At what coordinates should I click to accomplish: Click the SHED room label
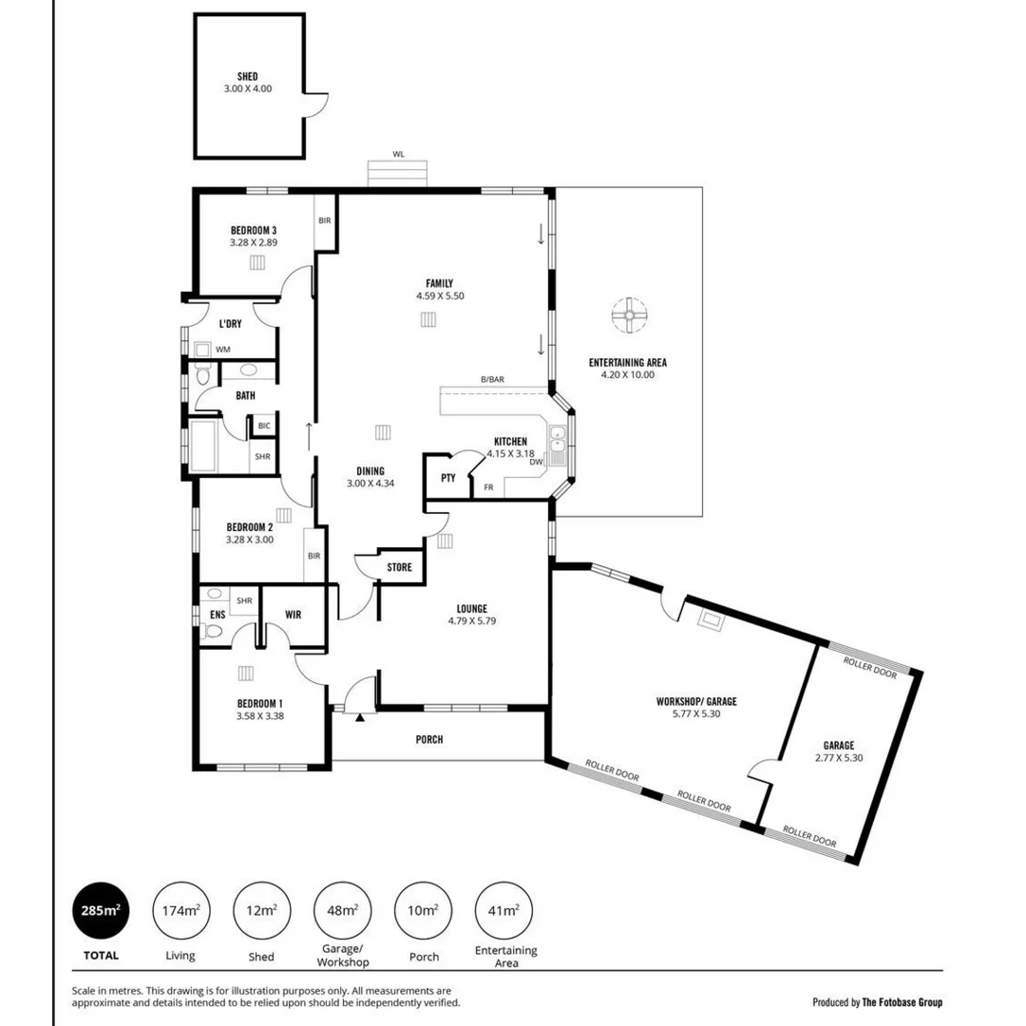pyautogui.click(x=247, y=77)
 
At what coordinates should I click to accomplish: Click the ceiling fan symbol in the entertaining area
pyautogui.click(x=628, y=315)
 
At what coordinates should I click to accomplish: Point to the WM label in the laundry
pyautogui.click(x=222, y=350)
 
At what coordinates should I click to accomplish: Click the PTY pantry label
pyautogui.click(x=447, y=479)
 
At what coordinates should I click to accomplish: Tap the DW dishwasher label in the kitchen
pyautogui.click(x=536, y=463)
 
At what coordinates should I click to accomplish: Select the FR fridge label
pyautogui.click(x=488, y=487)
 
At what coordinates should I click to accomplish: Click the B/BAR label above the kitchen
pyautogui.click(x=492, y=380)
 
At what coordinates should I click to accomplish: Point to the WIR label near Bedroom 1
pyautogui.click(x=293, y=616)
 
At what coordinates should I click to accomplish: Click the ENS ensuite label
pyautogui.click(x=218, y=616)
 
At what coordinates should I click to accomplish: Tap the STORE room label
pyautogui.click(x=400, y=568)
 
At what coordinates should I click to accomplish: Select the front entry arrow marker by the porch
pyautogui.click(x=359, y=717)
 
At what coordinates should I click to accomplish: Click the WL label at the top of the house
pyautogui.click(x=398, y=153)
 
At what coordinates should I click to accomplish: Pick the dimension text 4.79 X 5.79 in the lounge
pyautogui.click(x=472, y=621)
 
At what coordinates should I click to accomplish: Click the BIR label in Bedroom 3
pyautogui.click(x=325, y=220)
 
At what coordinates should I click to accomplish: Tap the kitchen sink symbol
pyautogui.click(x=560, y=440)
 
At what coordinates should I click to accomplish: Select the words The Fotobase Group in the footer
pyautogui.click(x=902, y=1001)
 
